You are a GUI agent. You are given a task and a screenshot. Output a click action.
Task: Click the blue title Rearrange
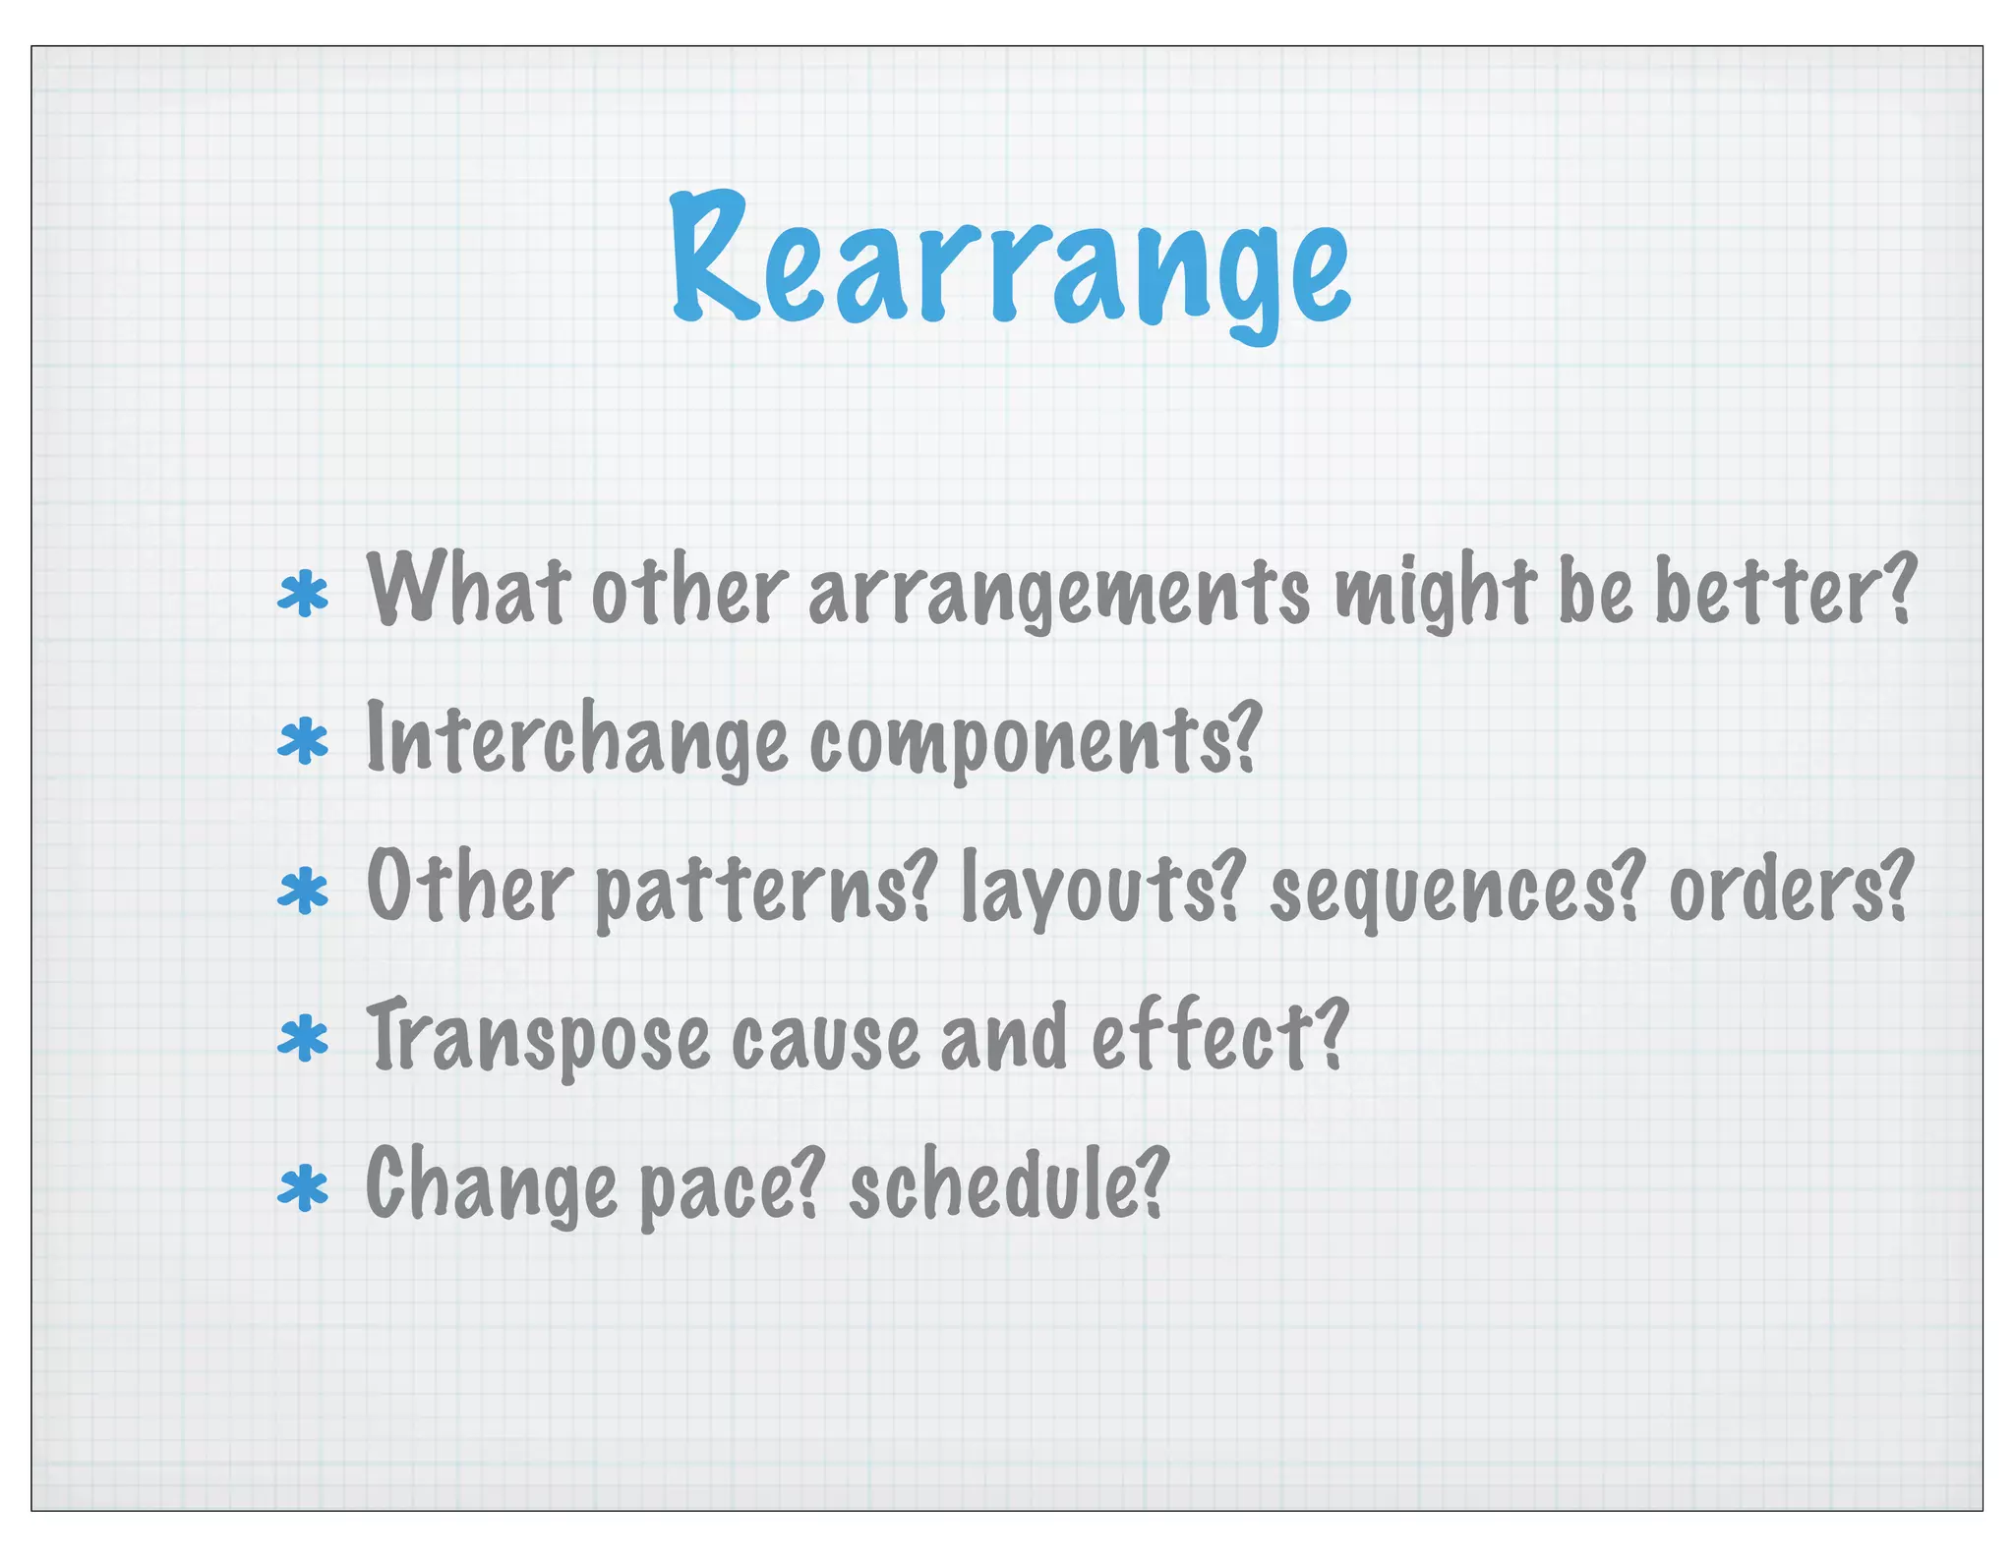tap(1011, 263)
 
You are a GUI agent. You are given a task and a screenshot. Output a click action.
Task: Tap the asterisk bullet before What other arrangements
tap(303, 596)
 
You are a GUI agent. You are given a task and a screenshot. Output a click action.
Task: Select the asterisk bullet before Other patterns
tap(303, 891)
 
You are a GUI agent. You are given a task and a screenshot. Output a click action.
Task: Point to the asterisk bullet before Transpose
tap(303, 1040)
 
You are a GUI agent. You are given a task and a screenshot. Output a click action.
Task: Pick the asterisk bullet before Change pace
tap(303, 1189)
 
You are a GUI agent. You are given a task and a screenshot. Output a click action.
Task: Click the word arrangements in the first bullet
tap(1059, 594)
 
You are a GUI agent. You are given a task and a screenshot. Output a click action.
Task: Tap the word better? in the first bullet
tap(1785, 590)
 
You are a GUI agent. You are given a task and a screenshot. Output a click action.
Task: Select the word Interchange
tap(576, 739)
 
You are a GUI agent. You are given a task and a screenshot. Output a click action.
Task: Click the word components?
tap(1035, 743)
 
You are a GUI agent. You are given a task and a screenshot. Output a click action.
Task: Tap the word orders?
tap(1791, 889)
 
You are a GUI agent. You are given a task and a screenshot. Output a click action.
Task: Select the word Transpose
tap(538, 1040)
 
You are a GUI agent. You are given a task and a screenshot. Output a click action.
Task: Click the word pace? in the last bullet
tap(729, 1189)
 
